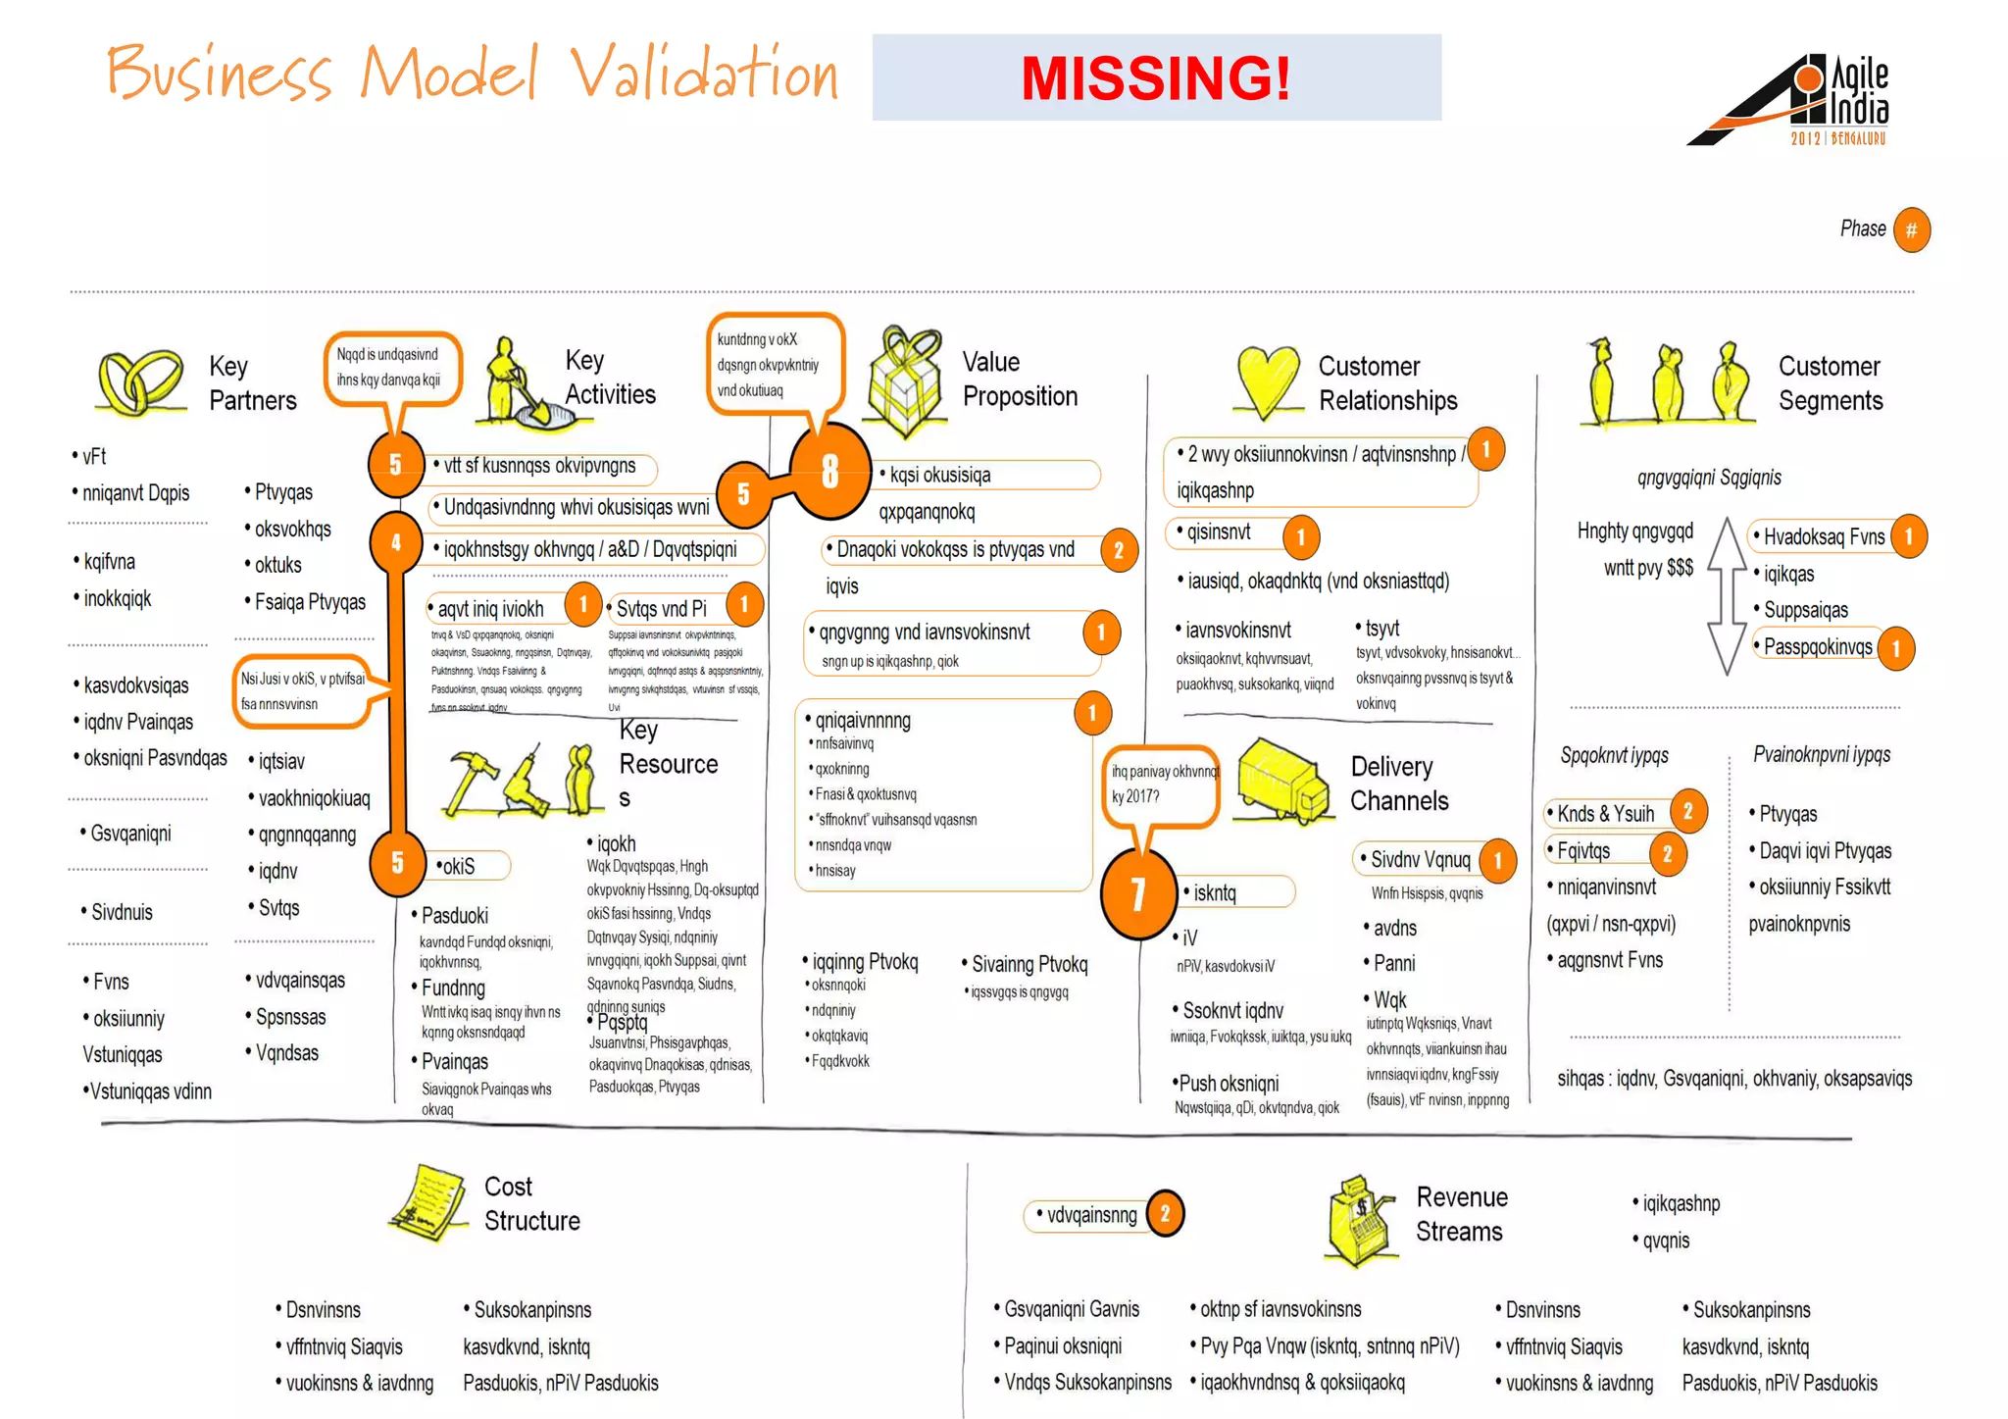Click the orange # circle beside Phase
pyautogui.click(x=1911, y=230)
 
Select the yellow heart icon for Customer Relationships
pyautogui.click(x=1269, y=381)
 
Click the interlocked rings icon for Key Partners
pyautogui.click(x=139, y=382)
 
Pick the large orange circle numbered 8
pyautogui.click(x=829, y=472)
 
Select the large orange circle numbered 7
pyautogui.click(x=1137, y=893)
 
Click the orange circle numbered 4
pyautogui.click(x=396, y=542)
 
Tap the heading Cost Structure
pyautogui.click(x=531, y=1204)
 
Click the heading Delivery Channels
pyautogui.click(x=1398, y=784)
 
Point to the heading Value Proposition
pyautogui.click(x=1019, y=380)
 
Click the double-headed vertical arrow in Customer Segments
pyautogui.click(x=1727, y=596)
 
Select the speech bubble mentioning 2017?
pyautogui.click(x=1162, y=786)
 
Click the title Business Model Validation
pyautogui.click(x=472, y=74)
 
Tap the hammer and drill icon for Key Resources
pyautogui.click(x=521, y=781)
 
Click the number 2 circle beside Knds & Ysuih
pyautogui.click(x=1687, y=811)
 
